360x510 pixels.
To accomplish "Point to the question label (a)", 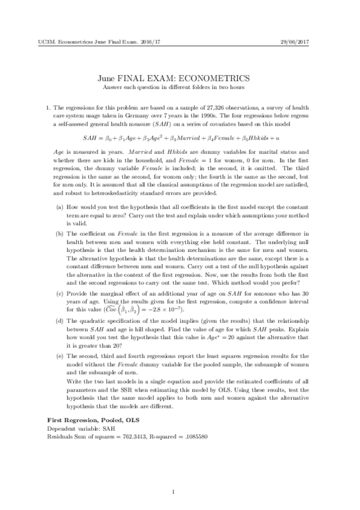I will point(58,189).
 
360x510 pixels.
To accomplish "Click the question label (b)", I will point(58,215).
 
